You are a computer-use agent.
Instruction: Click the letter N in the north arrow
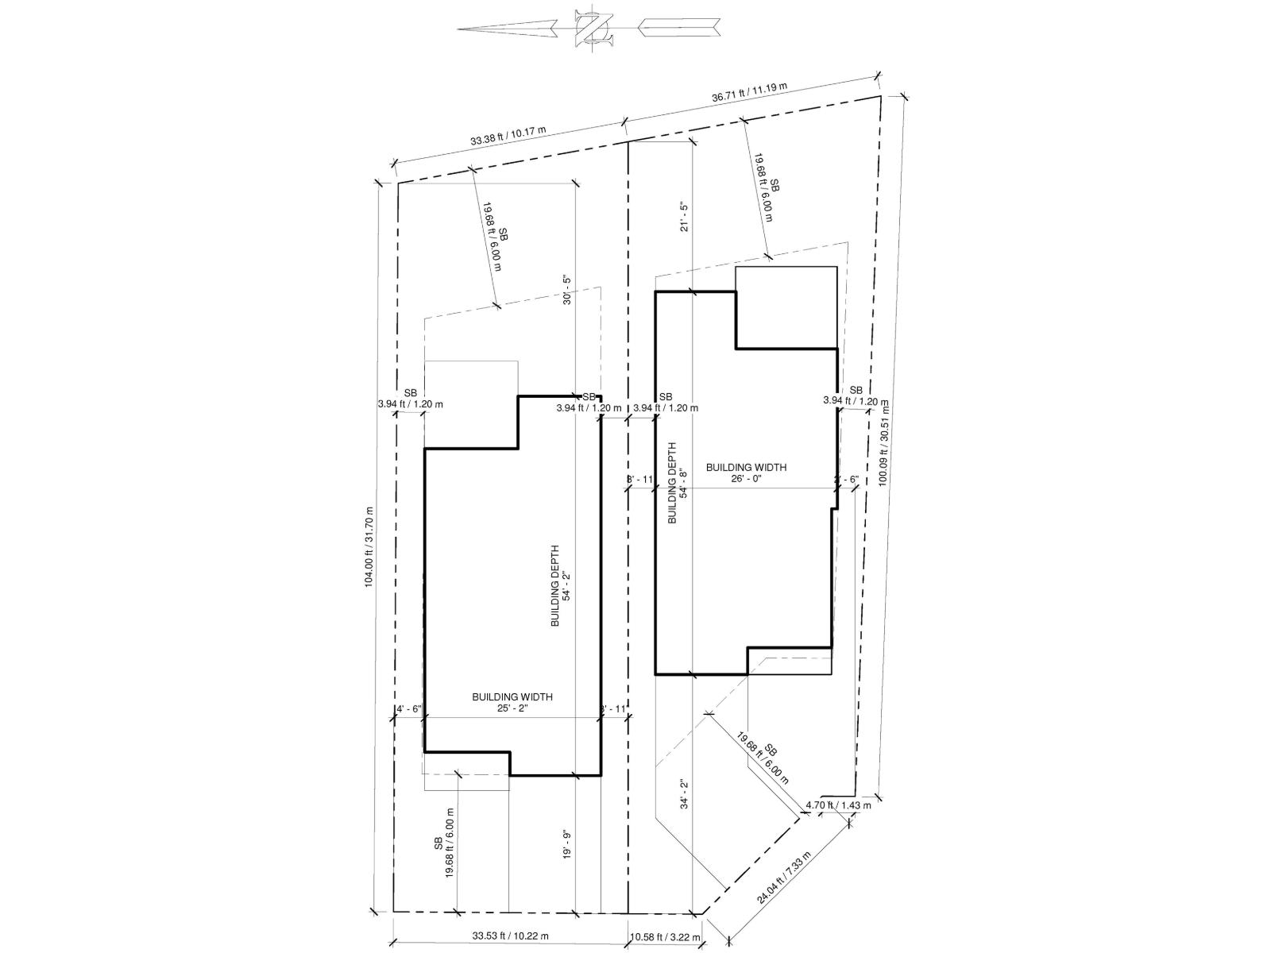[x=593, y=29]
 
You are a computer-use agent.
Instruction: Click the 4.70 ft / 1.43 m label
[x=838, y=804]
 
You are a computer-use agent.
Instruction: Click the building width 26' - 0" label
[x=746, y=473]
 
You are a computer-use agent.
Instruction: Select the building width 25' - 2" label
[x=512, y=702]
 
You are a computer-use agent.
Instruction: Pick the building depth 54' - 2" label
[x=560, y=586]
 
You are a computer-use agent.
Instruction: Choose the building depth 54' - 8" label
[x=676, y=483]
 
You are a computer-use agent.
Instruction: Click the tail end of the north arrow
[x=719, y=28]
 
